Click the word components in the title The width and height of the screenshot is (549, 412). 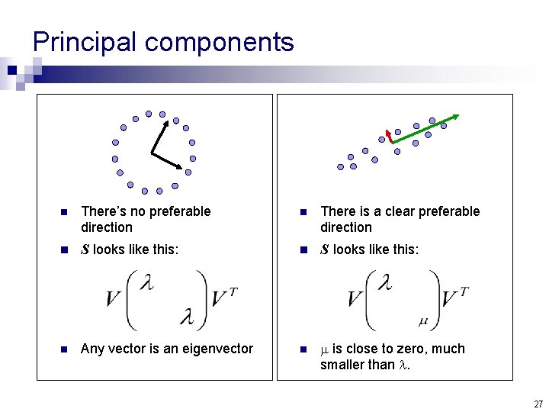point(219,43)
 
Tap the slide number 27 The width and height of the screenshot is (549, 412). point(538,404)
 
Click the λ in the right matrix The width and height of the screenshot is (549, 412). point(387,284)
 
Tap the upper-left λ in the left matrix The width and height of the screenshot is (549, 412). point(147,284)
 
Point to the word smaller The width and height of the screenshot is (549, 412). point(345,364)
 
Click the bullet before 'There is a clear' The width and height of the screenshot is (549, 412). point(302,212)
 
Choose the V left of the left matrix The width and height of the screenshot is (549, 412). point(114,298)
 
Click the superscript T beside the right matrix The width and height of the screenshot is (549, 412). point(464,291)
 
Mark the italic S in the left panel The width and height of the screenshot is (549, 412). point(85,249)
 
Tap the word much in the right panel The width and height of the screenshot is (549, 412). point(448,349)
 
